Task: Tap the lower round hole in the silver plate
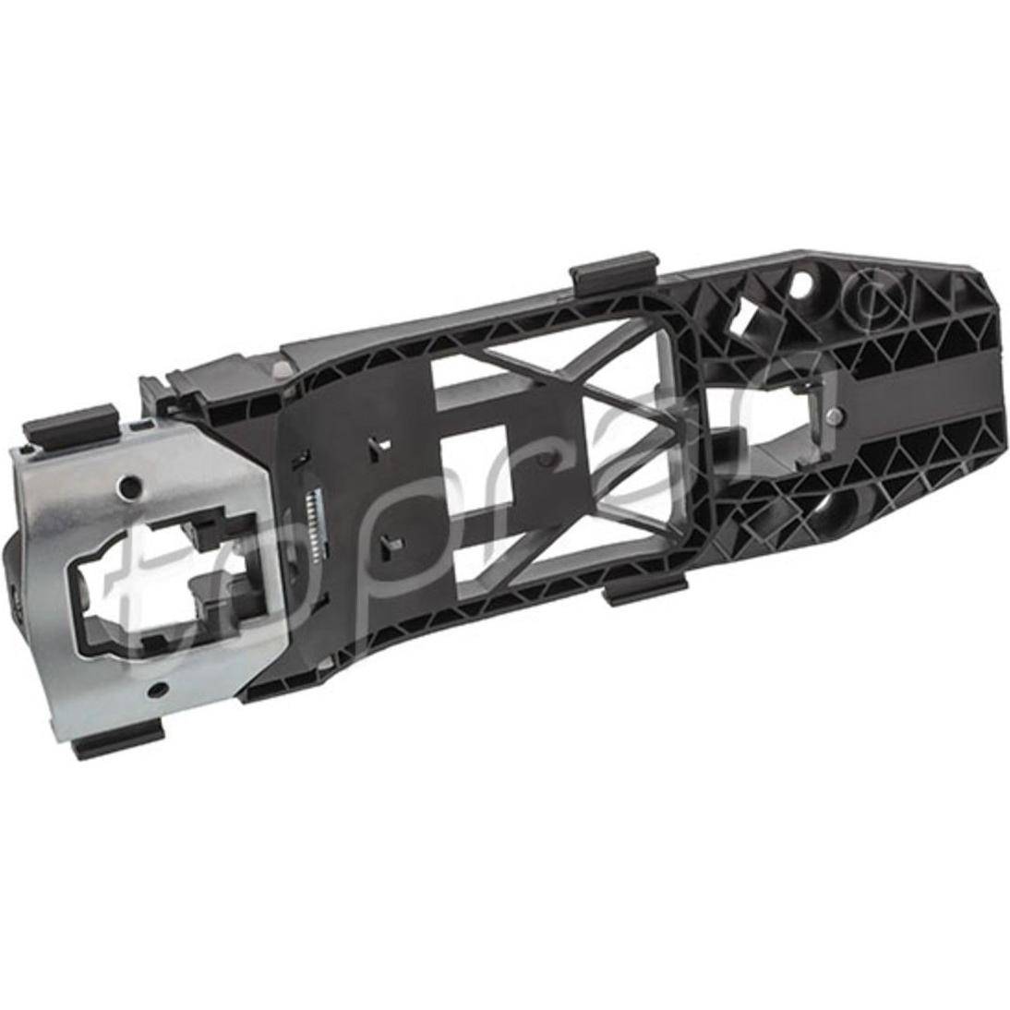[x=154, y=691]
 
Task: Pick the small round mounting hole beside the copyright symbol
[x=802, y=281]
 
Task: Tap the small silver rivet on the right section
[x=836, y=415]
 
